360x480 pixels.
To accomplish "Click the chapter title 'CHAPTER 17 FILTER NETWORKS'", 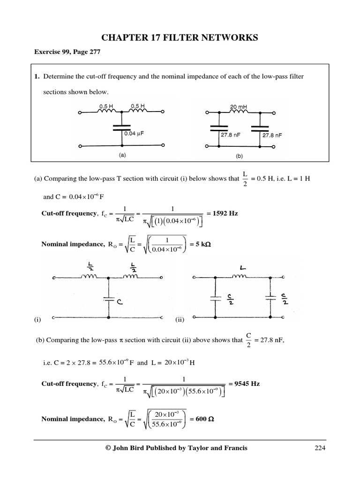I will [180, 38].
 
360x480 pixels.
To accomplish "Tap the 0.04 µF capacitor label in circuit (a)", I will [134, 134].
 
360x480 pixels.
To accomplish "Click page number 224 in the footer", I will [320, 448].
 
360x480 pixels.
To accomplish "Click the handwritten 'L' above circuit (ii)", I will [245, 269].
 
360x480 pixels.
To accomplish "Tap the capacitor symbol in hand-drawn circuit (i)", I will [109, 299].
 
